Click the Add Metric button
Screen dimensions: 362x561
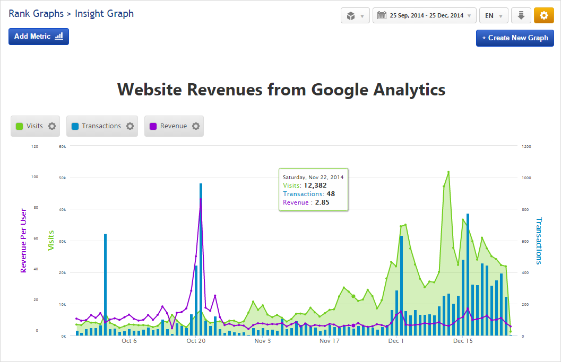click(39, 37)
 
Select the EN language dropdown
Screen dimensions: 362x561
click(494, 15)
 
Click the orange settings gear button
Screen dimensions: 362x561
click(543, 15)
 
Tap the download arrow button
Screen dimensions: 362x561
click(521, 15)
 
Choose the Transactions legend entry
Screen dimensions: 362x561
click(101, 126)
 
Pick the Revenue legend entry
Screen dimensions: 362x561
click(174, 126)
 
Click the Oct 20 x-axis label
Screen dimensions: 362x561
click(196, 341)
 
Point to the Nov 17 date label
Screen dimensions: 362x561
click(329, 341)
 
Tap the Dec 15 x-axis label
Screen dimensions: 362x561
click(463, 341)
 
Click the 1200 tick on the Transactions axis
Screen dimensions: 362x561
click(526, 146)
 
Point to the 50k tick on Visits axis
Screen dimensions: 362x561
click(62, 178)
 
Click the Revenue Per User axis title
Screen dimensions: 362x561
click(23, 241)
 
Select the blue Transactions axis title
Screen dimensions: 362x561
click(539, 241)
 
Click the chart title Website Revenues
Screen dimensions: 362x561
click(281, 90)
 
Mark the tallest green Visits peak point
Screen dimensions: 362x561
click(448, 172)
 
